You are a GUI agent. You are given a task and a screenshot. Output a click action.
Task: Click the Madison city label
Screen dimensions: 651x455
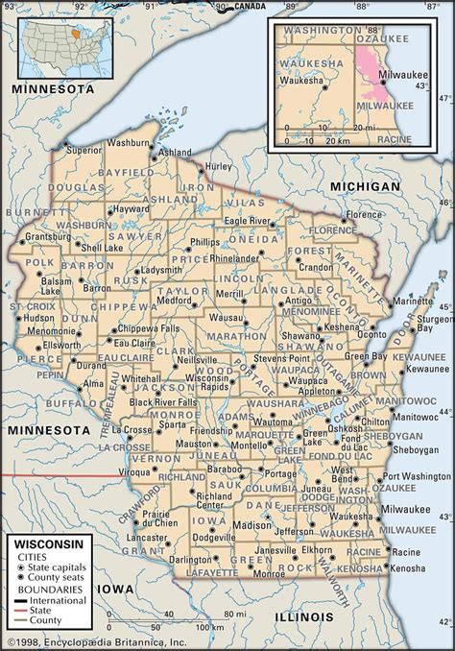tap(252, 525)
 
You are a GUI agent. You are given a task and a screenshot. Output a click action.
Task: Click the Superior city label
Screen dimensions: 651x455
tap(83, 150)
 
